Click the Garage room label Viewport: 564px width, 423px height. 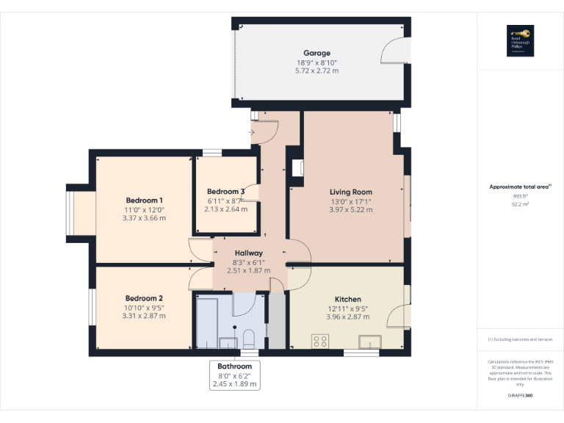[318, 53]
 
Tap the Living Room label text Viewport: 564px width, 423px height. [351, 192]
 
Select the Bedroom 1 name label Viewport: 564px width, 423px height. [144, 200]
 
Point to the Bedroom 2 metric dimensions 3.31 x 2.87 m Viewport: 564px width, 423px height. [144, 316]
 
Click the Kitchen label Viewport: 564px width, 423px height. [347, 300]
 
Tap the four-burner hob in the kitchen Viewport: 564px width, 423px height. [320, 341]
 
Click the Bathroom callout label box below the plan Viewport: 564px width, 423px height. [234, 375]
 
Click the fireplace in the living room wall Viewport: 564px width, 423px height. [297, 168]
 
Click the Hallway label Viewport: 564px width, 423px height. [248, 253]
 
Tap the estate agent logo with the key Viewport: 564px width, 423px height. [520, 40]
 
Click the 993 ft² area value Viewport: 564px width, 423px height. [520, 196]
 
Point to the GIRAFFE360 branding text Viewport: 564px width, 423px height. [520, 396]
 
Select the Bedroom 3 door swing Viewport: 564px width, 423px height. [251, 192]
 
